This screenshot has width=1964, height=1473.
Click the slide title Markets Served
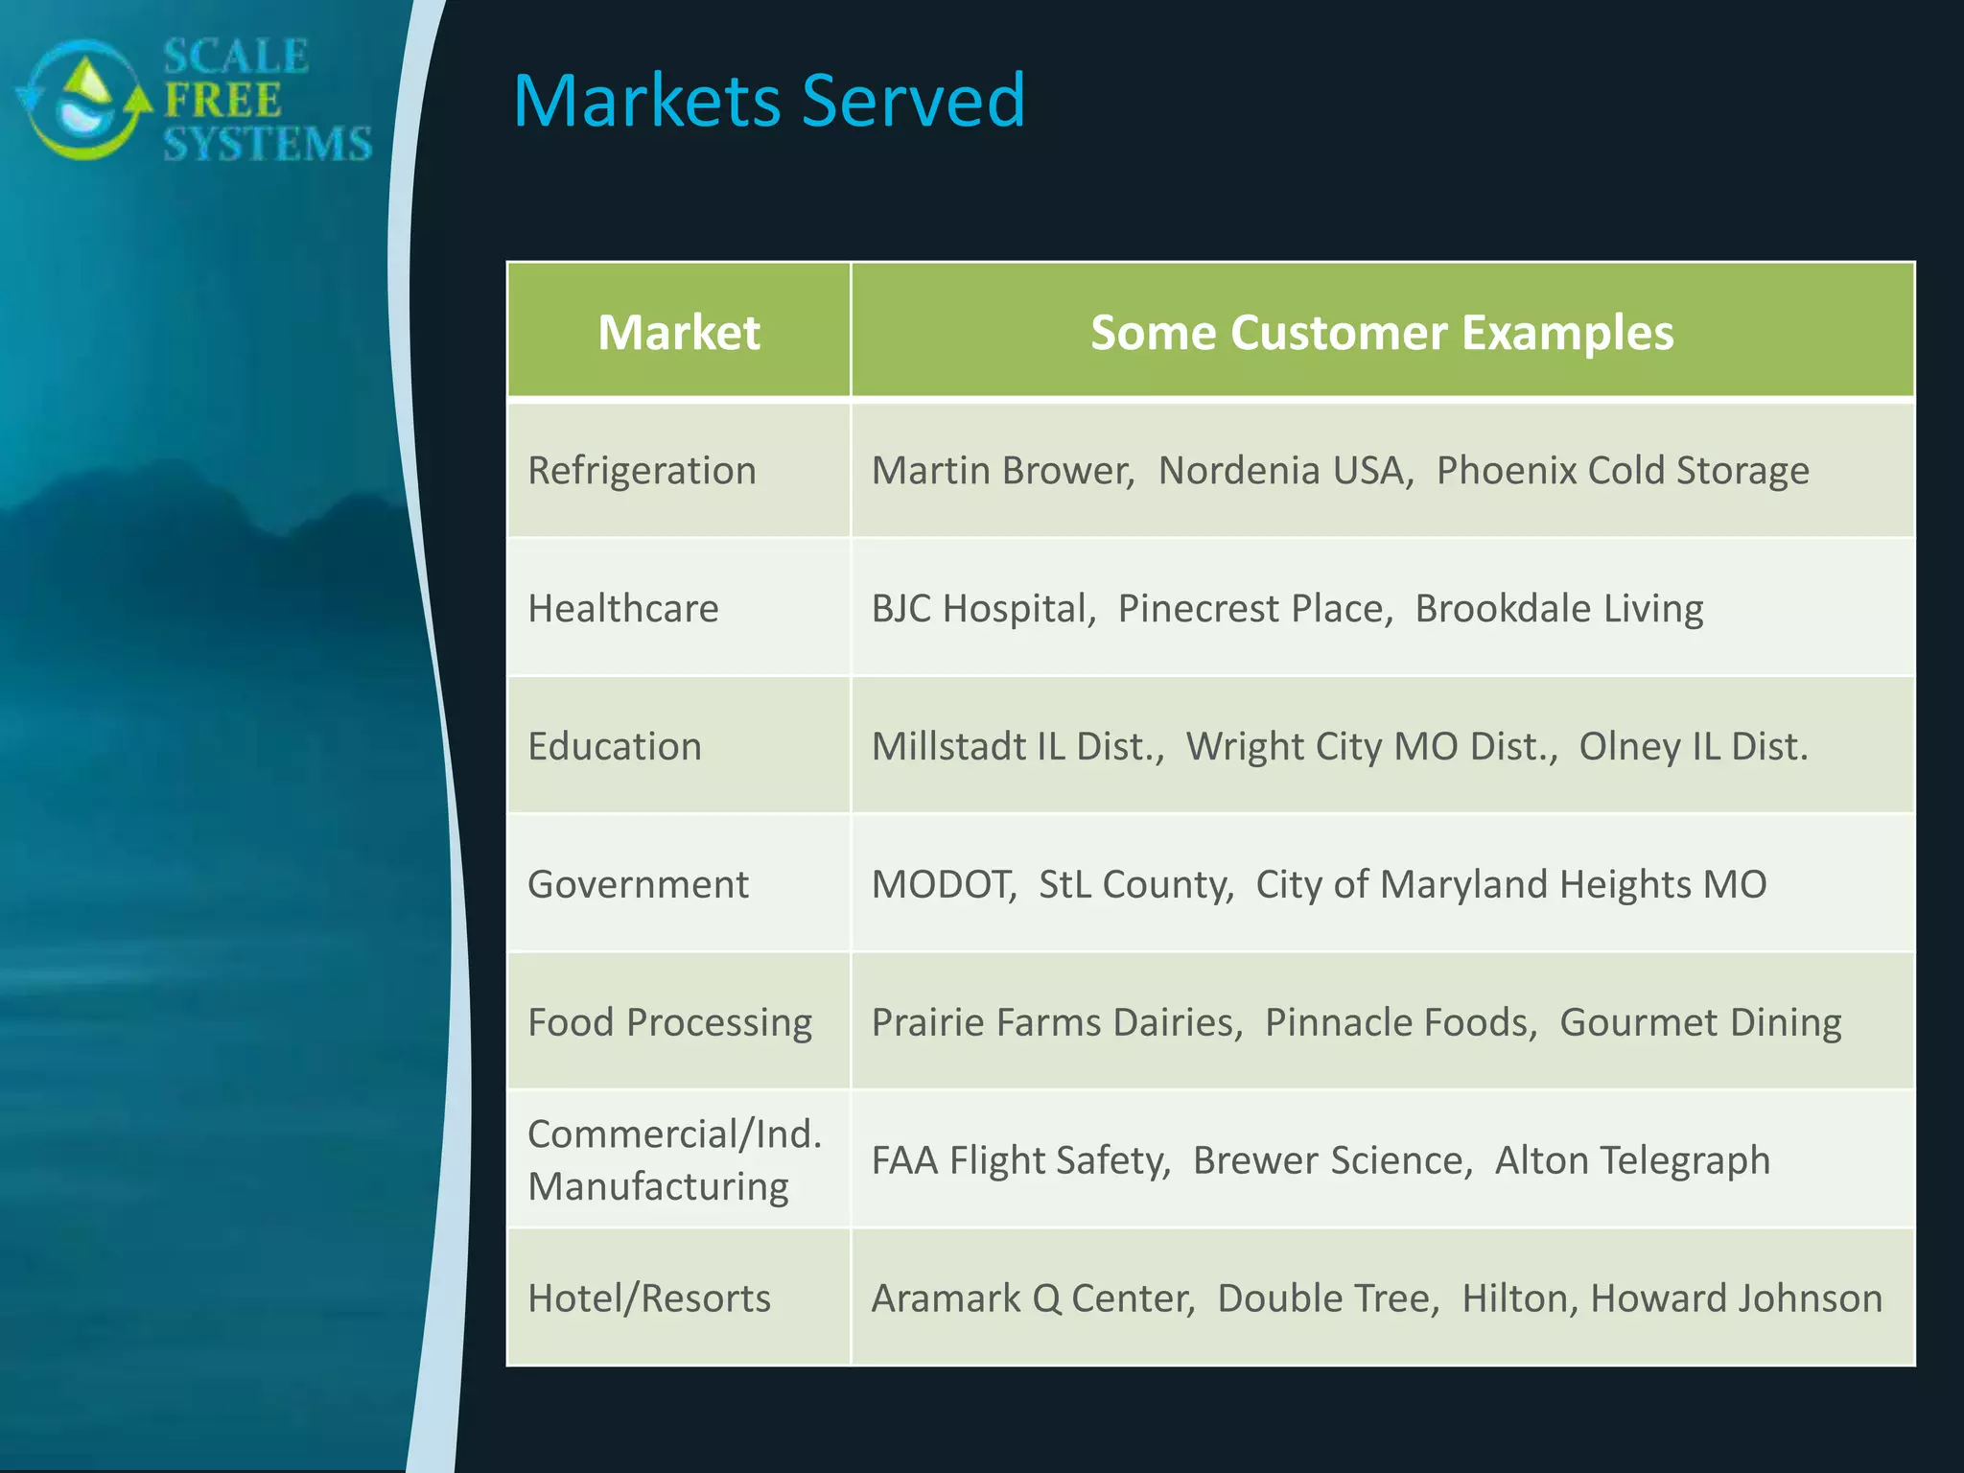point(769,101)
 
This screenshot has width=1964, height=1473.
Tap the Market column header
point(679,333)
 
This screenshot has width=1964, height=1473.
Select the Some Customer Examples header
point(1382,333)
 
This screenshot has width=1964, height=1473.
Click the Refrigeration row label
point(642,471)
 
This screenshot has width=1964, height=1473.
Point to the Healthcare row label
point(623,609)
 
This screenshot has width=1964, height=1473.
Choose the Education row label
point(615,747)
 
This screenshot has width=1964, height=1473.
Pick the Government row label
point(638,884)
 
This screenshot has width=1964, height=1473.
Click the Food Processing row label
point(669,1022)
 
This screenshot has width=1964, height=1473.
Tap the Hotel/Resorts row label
point(649,1298)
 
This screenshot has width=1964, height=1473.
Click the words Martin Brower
point(1001,471)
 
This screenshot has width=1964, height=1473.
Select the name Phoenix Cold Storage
point(1623,471)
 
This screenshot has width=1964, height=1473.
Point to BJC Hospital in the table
point(982,609)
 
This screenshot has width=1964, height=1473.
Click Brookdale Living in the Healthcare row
point(1559,609)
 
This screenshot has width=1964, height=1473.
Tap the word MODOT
point(943,884)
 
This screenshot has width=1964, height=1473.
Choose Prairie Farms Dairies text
point(1056,1022)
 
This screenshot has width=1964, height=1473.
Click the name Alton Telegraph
point(1632,1160)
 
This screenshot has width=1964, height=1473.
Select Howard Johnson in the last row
point(1736,1298)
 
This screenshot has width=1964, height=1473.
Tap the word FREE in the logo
point(222,100)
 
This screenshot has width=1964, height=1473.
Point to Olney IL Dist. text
point(1694,747)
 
